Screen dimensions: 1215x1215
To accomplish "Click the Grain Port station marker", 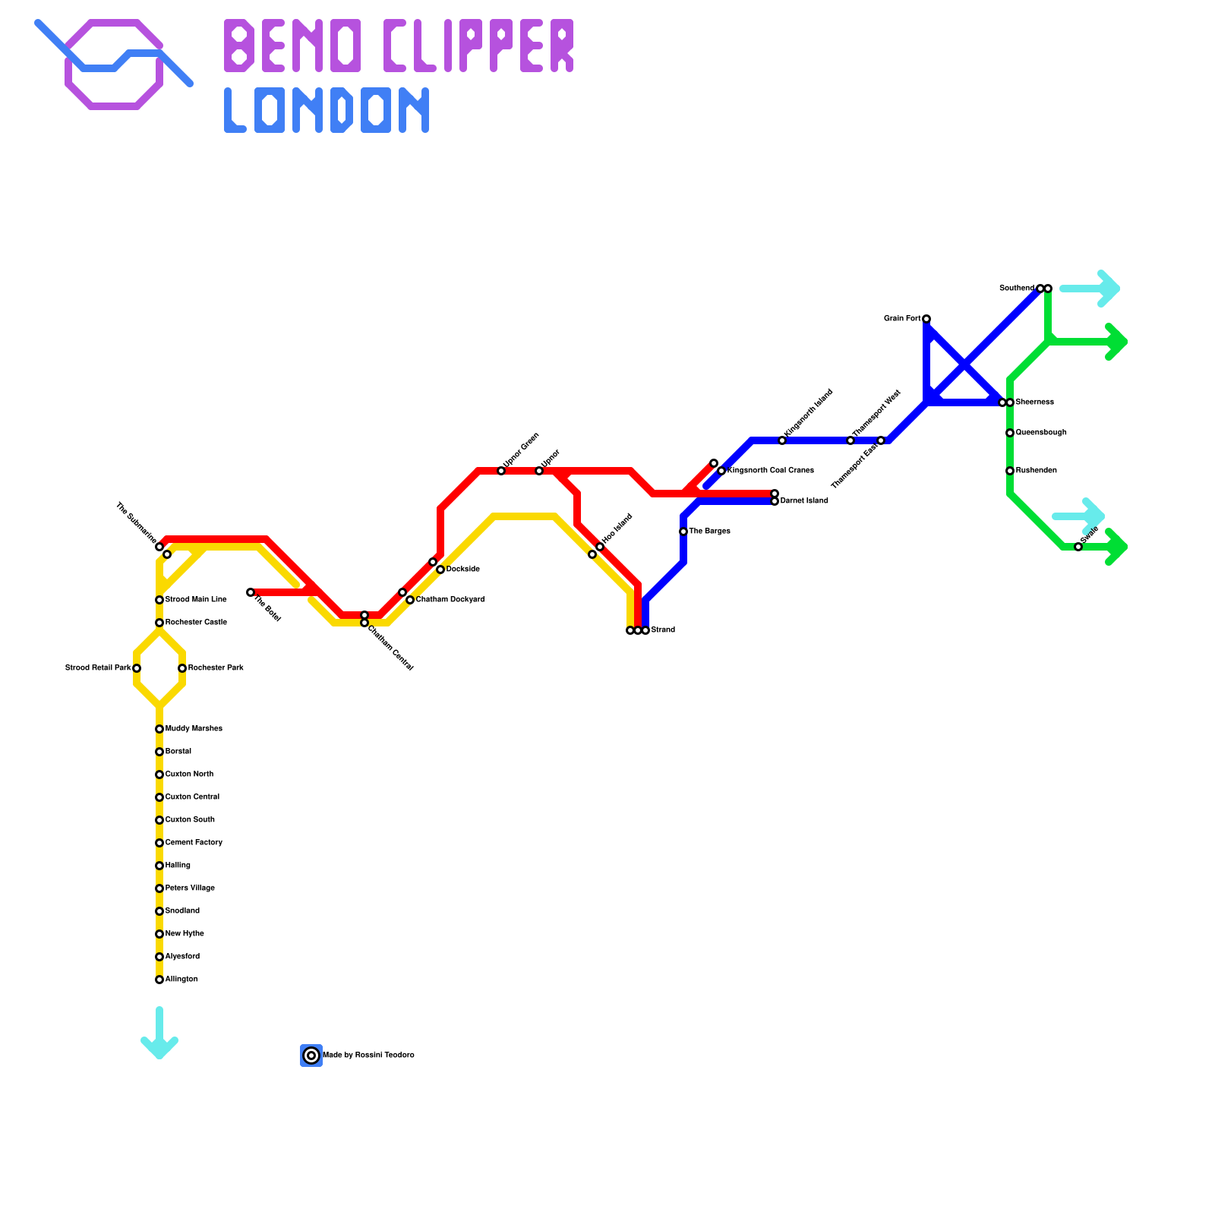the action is coord(926,319).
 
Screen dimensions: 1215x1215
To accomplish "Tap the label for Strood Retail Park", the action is coord(98,668).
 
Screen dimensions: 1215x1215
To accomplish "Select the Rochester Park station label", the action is coord(216,668).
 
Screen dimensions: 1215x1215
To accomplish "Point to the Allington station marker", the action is coord(159,980).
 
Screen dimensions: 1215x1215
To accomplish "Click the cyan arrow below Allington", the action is coord(159,1037).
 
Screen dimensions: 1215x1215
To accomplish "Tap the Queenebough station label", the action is coord(1041,433).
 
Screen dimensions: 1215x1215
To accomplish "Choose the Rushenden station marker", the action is coord(1010,471).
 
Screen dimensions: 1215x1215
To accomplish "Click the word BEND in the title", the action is coord(292,46).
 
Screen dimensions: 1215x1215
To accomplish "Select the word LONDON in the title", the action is coord(327,111).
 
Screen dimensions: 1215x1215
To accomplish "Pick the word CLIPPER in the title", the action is coord(478,46).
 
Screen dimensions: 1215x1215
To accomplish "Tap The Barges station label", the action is coord(709,532).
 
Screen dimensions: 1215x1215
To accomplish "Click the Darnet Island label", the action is coord(804,501).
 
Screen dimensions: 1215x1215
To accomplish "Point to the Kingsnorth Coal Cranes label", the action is coord(771,471).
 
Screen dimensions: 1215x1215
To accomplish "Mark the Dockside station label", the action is coord(462,570).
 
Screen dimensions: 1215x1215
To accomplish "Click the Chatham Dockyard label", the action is coord(450,600).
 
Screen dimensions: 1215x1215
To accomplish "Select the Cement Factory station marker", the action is coord(159,843).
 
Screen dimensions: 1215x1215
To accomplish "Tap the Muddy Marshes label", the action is coord(194,729).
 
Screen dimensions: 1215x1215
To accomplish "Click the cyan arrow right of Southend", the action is coord(1093,289).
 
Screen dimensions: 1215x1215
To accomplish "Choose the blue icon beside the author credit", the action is coord(311,1056).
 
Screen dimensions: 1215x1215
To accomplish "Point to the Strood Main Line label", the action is coord(196,600).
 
